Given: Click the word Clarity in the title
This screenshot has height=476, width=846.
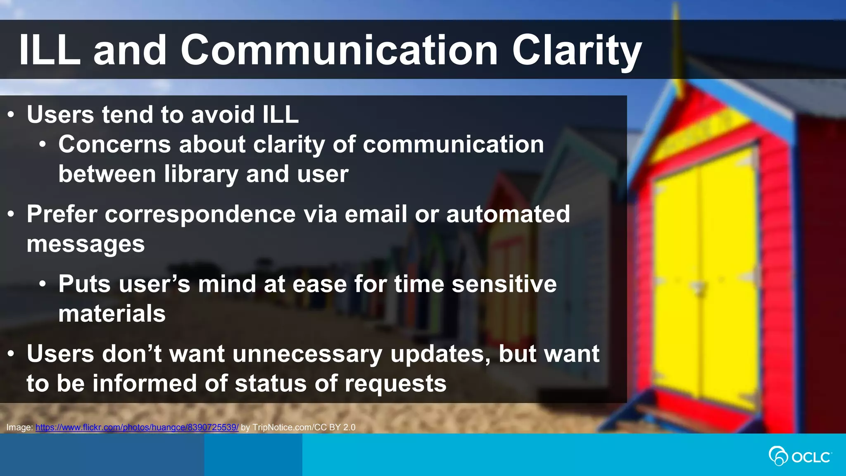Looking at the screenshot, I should tap(577, 50).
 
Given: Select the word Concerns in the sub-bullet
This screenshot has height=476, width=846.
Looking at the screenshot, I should tap(114, 144).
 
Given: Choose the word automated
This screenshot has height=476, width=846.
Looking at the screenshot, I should tap(508, 214).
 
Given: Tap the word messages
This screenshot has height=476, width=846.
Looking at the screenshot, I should tap(86, 244).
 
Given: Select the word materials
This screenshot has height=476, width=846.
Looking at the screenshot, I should tap(112, 313).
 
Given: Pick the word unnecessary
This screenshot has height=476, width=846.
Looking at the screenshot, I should tap(307, 354).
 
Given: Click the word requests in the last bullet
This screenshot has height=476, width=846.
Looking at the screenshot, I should tap(395, 383).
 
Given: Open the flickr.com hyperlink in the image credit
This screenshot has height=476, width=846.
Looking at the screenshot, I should tap(137, 427).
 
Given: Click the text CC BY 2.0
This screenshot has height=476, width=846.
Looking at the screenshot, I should tap(335, 427).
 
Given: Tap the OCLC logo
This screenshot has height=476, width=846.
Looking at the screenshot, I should tap(800, 456).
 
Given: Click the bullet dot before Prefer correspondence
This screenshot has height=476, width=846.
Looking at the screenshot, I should tap(11, 214).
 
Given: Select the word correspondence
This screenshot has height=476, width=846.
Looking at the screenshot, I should tap(200, 214).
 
